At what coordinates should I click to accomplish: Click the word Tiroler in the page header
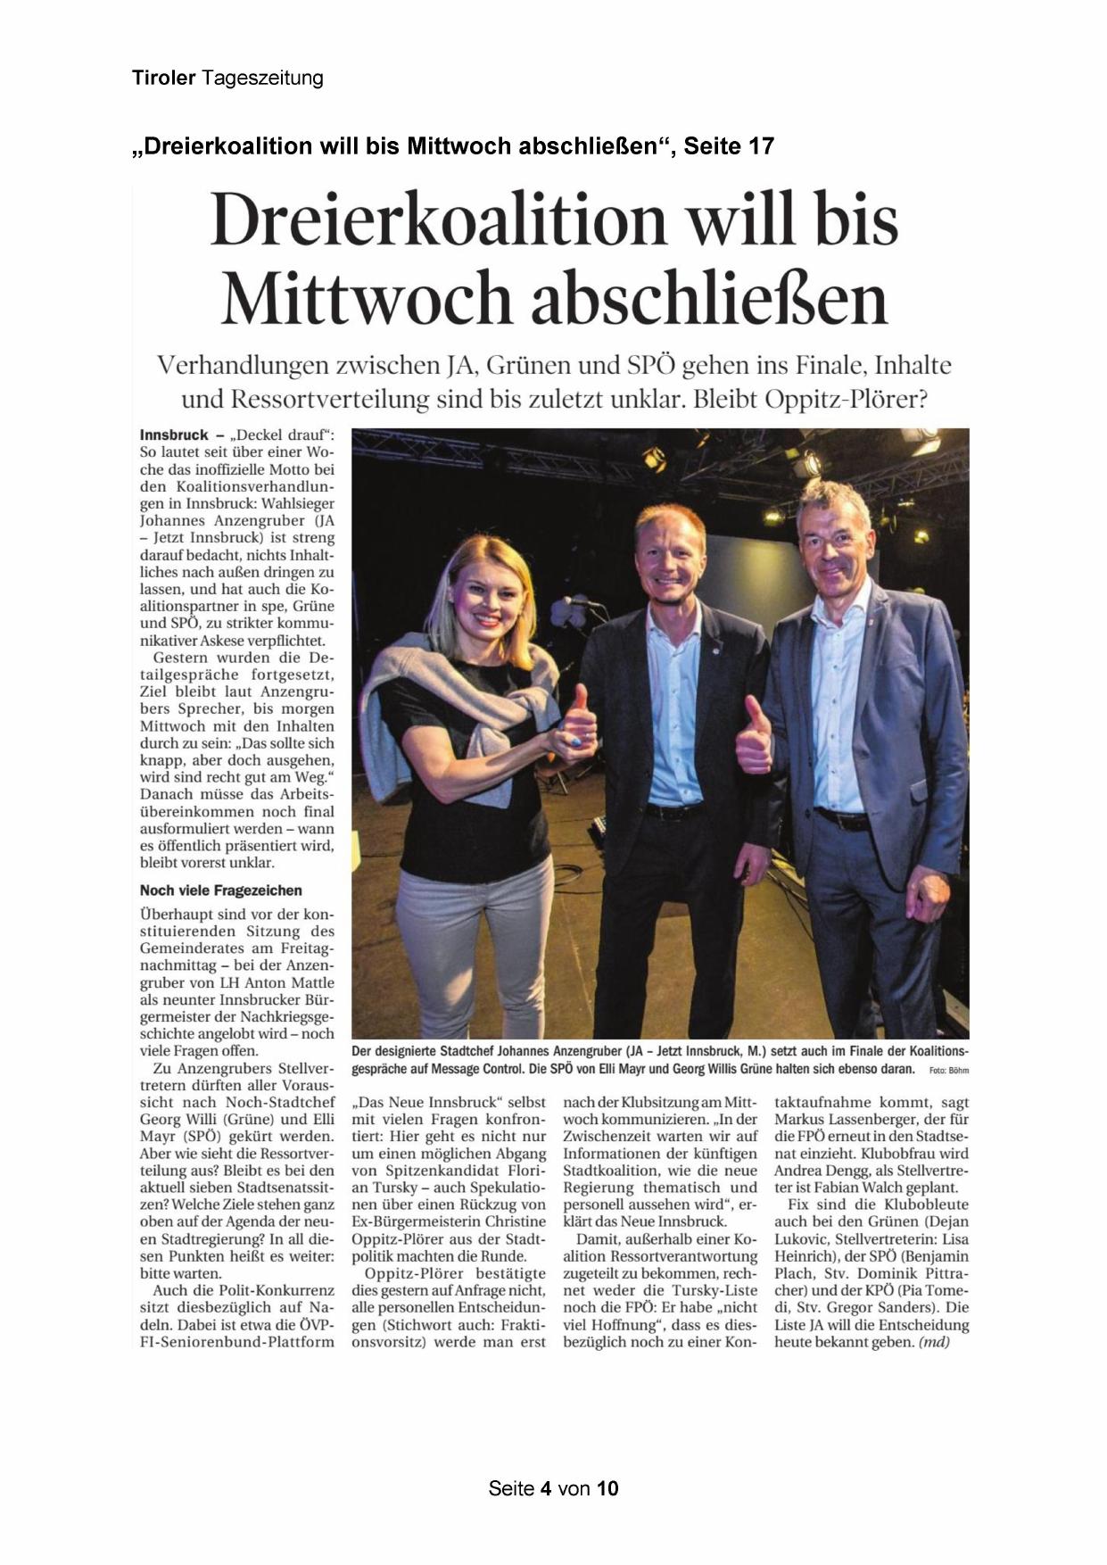[163, 79]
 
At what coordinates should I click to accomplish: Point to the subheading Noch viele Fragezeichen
[220, 890]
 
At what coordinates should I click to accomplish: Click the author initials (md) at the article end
[934, 1342]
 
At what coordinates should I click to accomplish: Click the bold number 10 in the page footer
[607, 1488]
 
